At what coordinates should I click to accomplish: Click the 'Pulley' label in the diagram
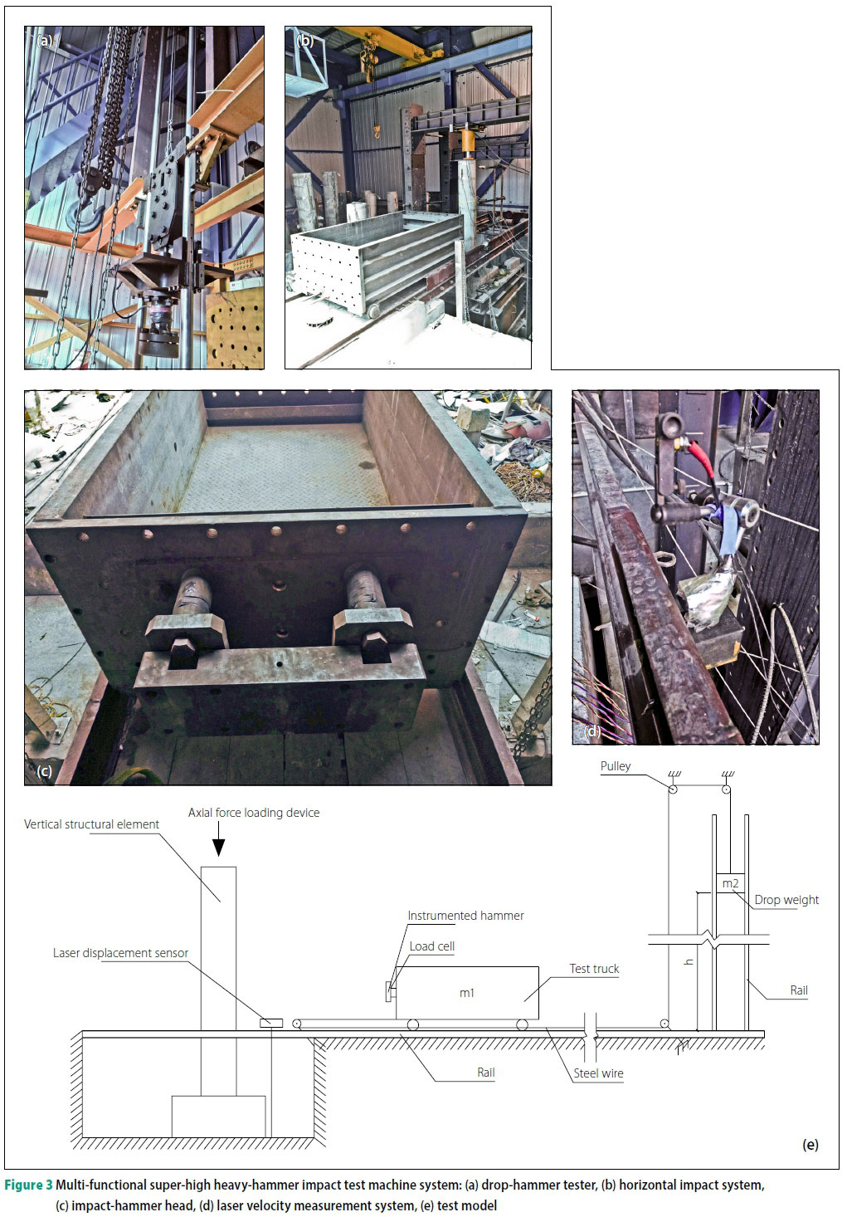coord(616,766)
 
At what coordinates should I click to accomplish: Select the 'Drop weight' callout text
coord(786,900)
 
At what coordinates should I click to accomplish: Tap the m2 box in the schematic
coord(730,883)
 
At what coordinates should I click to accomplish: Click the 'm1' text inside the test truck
coord(467,993)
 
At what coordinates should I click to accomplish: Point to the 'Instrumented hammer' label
coord(465,916)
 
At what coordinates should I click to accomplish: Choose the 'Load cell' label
coord(431,946)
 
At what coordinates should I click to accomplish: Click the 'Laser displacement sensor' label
coord(120,953)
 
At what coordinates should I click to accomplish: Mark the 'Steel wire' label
coord(598,1073)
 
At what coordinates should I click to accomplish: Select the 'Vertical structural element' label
coord(91,824)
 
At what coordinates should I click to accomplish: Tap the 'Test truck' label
coord(594,969)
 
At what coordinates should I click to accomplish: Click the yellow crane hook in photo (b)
coord(377,131)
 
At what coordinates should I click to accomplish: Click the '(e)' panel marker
coord(810,1145)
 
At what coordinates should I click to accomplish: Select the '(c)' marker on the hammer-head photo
coord(45,771)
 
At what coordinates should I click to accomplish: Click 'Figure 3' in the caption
coord(29,1185)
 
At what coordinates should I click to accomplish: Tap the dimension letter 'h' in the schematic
coord(689,962)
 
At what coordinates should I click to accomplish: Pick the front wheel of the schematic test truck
coord(412,1024)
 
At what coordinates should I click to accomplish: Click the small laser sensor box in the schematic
coord(271,1023)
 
